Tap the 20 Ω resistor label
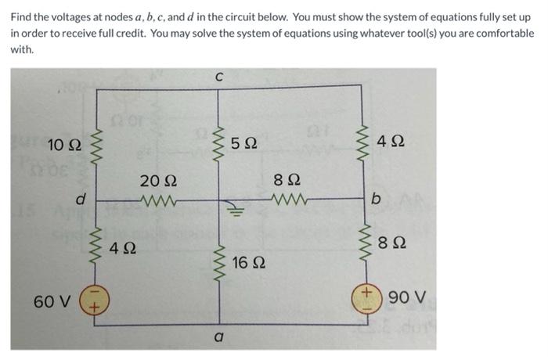coord(152,181)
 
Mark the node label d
coord(79,200)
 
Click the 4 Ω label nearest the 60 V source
coord(120,251)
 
